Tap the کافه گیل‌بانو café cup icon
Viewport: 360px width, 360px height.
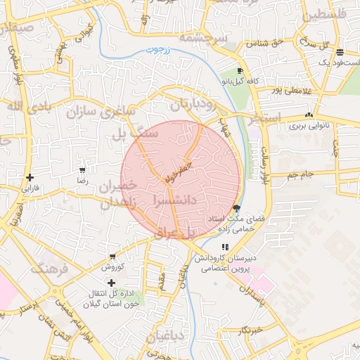point(240,71)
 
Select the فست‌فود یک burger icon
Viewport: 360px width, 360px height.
point(340,52)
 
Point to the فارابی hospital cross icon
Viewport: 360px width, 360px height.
point(30,177)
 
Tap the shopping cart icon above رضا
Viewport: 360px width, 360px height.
point(82,170)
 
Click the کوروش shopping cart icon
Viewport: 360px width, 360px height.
point(112,256)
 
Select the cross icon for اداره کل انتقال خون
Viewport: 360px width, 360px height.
point(111,282)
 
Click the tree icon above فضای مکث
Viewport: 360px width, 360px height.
point(236,208)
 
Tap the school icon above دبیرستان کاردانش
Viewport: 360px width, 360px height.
point(224,247)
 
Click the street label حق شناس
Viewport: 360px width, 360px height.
point(264,44)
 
